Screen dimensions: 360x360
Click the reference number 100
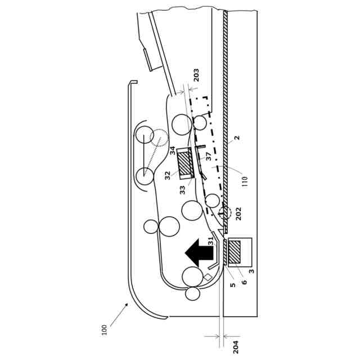point(105,329)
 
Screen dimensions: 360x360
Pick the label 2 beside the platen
point(237,138)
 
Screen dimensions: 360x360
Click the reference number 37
point(208,157)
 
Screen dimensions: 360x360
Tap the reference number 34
point(173,151)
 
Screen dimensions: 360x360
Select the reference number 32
point(167,175)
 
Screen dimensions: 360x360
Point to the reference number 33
point(182,190)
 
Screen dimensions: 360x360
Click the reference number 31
point(210,241)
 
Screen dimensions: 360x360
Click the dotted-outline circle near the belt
point(159,138)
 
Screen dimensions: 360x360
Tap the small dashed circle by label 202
point(224,213)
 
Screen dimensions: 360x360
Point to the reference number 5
point(232,285)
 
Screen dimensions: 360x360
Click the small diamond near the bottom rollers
point(207,277)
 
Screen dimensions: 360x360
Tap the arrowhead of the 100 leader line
point(127,304)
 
